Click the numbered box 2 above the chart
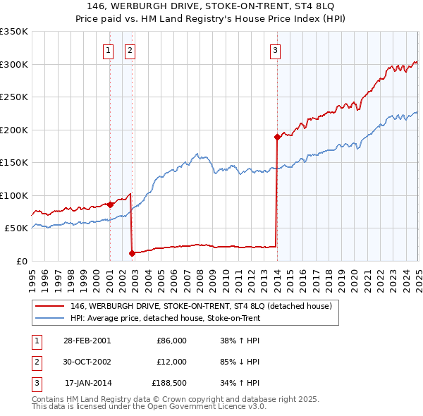(x=131, y=50)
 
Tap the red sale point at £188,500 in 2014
(x=277, y=137)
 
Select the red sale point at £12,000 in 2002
(x=132, y=252)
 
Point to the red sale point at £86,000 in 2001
(x=111, y=204)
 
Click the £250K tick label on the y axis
(x=14, y=97)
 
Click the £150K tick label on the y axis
(x=14, y=163)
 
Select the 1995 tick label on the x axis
(x=32, y=275)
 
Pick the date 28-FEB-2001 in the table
(x=87, y=341)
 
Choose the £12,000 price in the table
(x=171, y=362)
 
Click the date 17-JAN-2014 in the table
(x=87, y=384)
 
